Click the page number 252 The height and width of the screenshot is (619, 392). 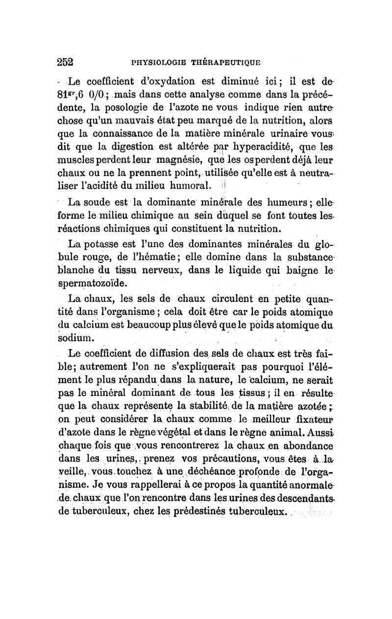point(65,62)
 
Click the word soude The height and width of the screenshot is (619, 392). point(99,202)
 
